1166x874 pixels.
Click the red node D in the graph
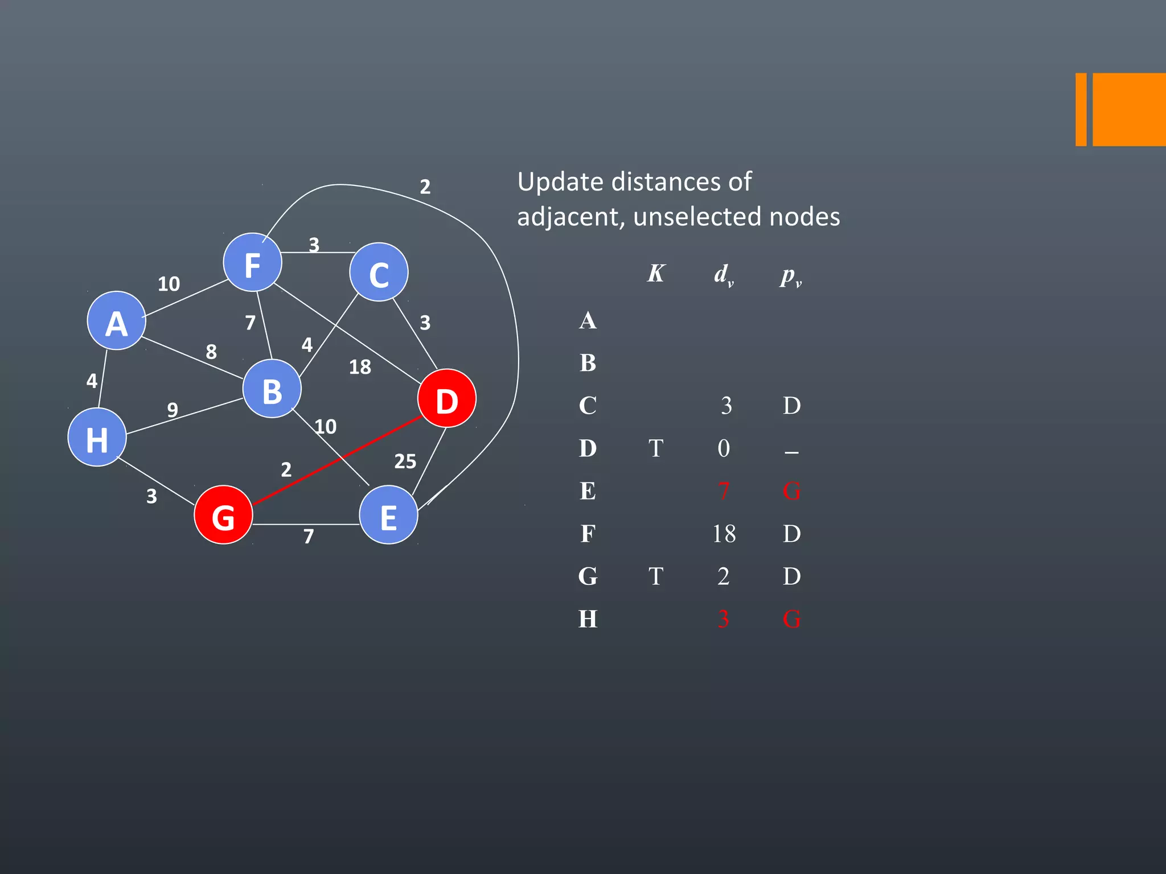tap(446, 398)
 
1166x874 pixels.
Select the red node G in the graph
tap(223, 515)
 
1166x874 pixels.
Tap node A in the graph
tap(117, 321)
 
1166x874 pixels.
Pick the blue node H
tap(97, 438)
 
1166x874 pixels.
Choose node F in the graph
tap(252, 263)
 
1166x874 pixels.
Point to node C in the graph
tap(379, 273)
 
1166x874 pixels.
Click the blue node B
tap(272, 389)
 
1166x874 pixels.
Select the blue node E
tap(388, 515)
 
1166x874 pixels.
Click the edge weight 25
tap(405, 461)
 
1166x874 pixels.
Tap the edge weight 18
tap(360, 367)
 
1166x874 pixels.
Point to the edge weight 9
tap(173, 410)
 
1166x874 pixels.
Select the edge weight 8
tap(211, 352)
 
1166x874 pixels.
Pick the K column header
tap(656, 274)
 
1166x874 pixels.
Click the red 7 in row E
tap(724, 491)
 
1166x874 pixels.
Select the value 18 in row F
tap(724, 534)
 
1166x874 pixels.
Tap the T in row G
tap(656, 576)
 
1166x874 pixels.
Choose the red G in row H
tap(791, 619)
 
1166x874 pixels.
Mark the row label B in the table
tap(588, 363)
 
